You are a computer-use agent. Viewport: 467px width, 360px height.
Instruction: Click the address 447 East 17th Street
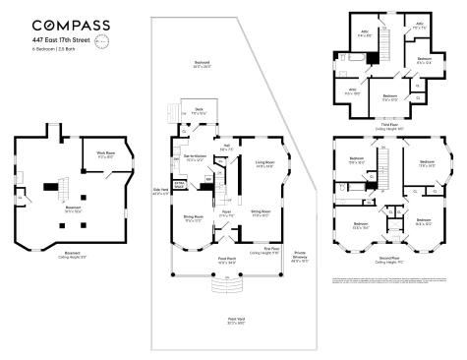coord(61,40)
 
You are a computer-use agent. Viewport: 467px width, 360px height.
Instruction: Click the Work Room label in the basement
coord(106,154)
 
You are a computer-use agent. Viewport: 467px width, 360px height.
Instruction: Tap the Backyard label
coord(203,63)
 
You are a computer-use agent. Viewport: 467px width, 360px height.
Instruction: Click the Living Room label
coord(263,163)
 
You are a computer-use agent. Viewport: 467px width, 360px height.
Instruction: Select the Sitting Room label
coord(261,211)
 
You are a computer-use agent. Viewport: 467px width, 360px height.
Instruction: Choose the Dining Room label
coord(193,218)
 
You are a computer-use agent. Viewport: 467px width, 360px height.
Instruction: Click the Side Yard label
coord(159,193)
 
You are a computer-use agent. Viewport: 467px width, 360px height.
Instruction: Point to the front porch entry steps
coord(226,284)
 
